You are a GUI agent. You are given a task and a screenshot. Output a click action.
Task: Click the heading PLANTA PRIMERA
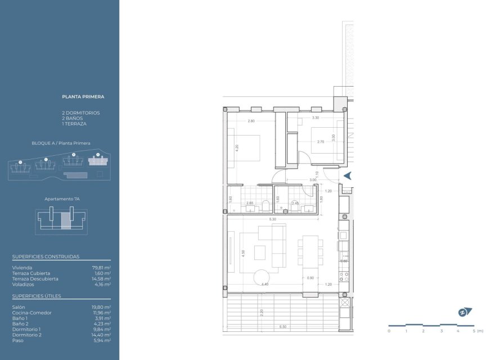[x=83, y=97]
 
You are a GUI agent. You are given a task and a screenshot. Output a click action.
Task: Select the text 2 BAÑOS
[x=72, y=118]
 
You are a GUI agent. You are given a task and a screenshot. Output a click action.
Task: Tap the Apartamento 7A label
[x=61, y=199]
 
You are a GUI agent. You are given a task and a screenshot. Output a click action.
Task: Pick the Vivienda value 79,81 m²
[x=101, y=268]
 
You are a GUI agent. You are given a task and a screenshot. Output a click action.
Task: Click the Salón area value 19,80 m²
[x=101, y=307]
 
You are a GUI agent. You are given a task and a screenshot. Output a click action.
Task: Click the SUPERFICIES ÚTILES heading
[x=37, y=296]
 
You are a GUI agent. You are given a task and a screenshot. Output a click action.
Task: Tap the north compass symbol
[x=464, y=312]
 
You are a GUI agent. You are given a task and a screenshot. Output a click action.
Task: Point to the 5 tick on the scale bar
[x=474, y=331]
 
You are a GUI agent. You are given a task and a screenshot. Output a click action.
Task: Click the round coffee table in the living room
[x=262, y=278]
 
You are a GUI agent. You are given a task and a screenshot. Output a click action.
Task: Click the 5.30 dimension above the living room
[x=272, y=219]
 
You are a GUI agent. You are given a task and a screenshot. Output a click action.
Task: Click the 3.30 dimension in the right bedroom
[x=316, y=118]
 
